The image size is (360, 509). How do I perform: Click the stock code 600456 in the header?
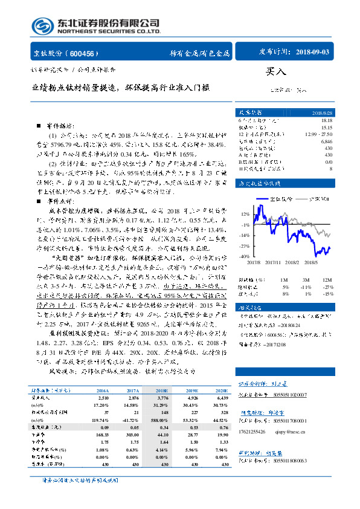click(x=86, y=53)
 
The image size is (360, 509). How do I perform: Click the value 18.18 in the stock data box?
click(x=327, y=122)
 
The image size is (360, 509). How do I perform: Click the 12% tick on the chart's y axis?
click(x=244, y=214)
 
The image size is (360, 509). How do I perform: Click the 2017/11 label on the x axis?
click(x=273, y=262)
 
